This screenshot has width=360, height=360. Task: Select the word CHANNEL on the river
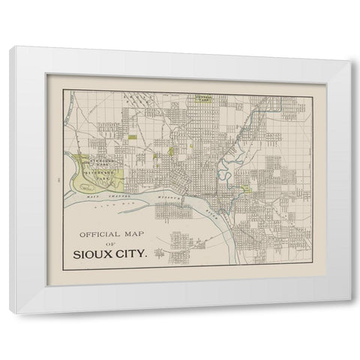click(114, 197)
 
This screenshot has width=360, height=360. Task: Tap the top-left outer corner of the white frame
click(12, 47)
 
